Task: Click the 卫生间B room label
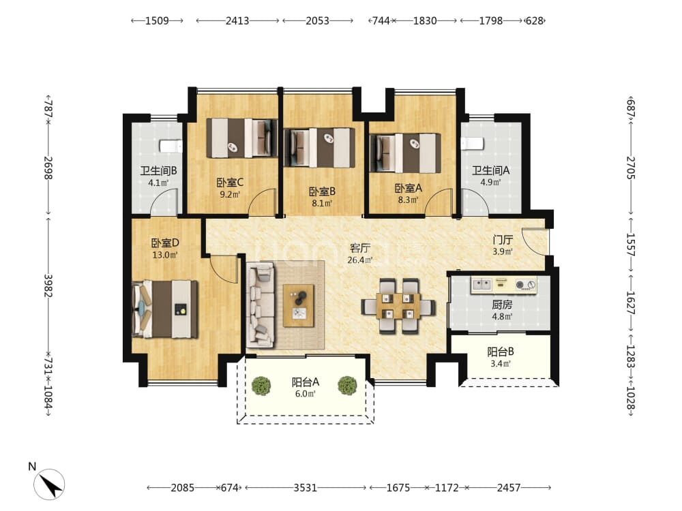[158, 171]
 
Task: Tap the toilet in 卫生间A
[473, 143]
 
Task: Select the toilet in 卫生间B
[171, 146]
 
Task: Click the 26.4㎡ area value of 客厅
[359, 260]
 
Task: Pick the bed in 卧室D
[165, 309]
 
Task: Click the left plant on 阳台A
[261, 386]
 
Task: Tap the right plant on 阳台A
[347, 386]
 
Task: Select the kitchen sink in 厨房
[482, 285]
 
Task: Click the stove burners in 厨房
[526, 285]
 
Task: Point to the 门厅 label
[503, 240]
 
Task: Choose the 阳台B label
[501, 352]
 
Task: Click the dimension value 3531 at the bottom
[305, 488]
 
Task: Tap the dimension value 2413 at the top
[237, 20]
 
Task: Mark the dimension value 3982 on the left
[48, 285]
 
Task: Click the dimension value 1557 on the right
[631, 245]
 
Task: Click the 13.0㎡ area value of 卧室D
[165, 255]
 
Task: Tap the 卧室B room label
[322, 191]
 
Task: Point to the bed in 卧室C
[242, 138]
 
